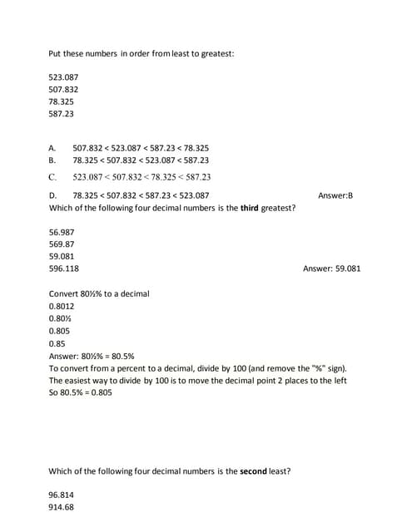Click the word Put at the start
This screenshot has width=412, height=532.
tap(56, 54)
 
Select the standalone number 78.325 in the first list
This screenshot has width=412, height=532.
tap(62, 101)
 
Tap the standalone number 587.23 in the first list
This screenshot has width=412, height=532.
tap(62, 114)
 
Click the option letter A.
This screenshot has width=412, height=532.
tap(52, 147)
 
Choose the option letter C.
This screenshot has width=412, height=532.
tap(52, 176)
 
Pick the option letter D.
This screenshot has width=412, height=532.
tap(52, 195)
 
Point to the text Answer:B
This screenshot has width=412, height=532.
tap(335, 195)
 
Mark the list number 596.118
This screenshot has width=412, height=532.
tap(64, 268)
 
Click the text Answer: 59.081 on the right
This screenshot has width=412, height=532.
tap(332, 268)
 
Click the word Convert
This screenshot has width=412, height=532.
tap(65, 293)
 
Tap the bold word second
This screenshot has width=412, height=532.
tap(253, 471)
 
